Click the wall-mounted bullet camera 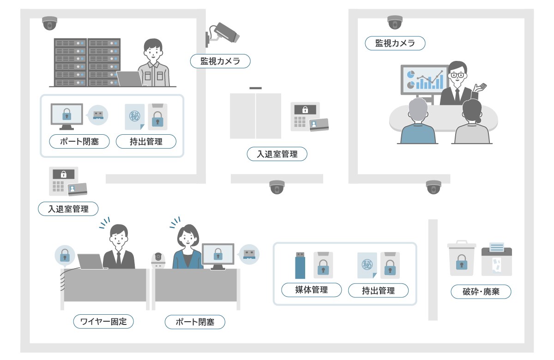223,33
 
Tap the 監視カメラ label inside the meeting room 395,43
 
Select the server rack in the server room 87,62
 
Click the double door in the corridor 255,116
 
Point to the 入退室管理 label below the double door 277,154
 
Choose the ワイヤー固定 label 103,321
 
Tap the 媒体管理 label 312,290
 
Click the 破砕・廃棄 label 481,292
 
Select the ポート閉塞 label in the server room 79,141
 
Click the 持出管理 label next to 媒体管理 378,290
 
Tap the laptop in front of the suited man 91,261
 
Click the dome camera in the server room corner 49,23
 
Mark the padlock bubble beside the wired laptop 65,255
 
